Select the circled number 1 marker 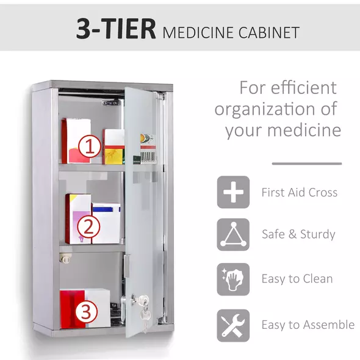tap(91, 146)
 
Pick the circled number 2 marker tap(88, 227)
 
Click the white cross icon tap(233, 192)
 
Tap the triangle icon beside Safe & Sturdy tap(233, 234)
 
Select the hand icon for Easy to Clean tap(233, 279)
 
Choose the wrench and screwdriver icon tap(233, 325)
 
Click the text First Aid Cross tap(299, 193)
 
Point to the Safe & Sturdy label tap(298, 234)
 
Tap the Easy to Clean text tap(297, 279)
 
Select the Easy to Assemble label tap(308, 325)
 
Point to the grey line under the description tap(306, 164)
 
